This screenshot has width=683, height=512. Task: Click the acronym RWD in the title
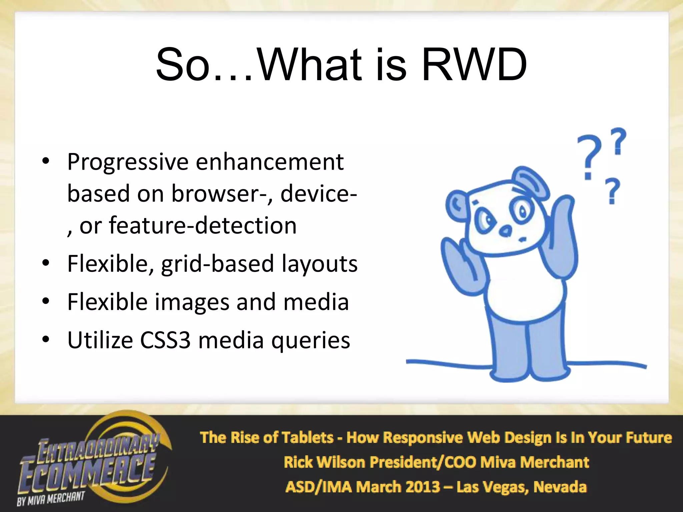coord(474,64)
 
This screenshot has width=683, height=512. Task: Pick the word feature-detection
coord(203,225)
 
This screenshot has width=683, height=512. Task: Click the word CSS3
coord(165,340)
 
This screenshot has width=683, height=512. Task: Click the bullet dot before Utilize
coord(46,340)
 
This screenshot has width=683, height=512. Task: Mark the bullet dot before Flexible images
coord(46,301)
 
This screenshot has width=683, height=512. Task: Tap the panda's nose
coord(506,230)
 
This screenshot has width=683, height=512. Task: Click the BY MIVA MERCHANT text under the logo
coord(51,498)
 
